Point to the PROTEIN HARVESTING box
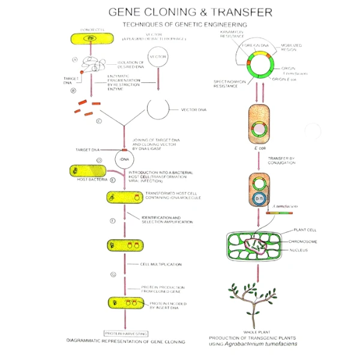(126, 332)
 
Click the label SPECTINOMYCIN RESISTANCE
(229, 85)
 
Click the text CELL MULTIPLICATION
(161, 264)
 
